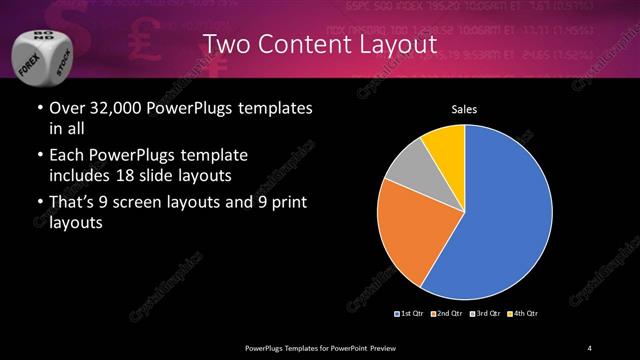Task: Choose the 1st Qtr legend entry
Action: click(411, 314)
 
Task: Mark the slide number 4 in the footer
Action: click(590, 347)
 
